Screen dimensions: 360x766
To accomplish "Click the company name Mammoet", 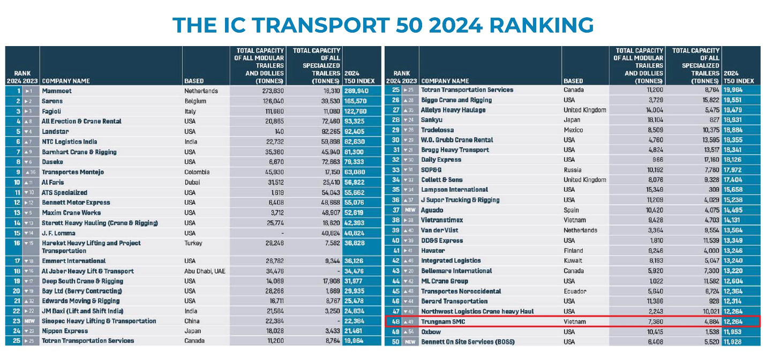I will point(57,91).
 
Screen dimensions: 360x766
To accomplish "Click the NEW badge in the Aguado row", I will point(410,210).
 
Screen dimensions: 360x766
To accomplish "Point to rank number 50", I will point(396,342).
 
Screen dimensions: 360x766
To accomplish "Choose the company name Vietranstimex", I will point(442,220).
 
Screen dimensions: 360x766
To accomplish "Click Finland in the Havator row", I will point(575,250).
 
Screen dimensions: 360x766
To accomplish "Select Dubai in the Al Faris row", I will point(193,182).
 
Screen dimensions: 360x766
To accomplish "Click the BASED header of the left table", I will point(194,81).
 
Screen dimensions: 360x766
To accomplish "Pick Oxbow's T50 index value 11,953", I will point(740,332).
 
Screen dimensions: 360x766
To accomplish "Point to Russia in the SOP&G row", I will point(573,170).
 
